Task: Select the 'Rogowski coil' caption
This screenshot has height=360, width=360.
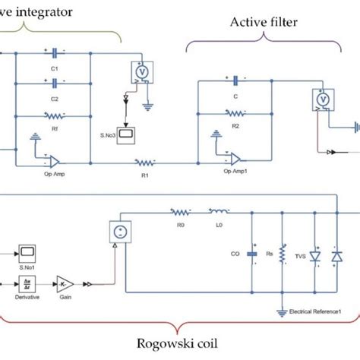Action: click(180, 343)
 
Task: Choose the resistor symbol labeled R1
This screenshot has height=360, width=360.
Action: click(144, 162)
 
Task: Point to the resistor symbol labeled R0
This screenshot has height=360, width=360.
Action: click(181, 213)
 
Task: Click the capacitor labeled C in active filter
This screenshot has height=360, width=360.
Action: click(236, 79)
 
